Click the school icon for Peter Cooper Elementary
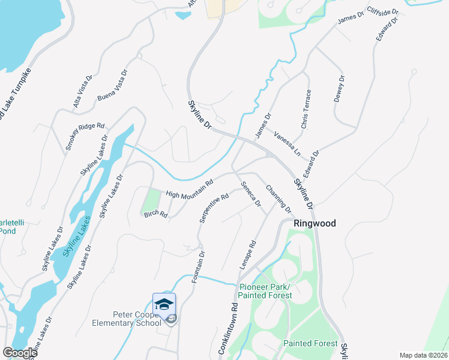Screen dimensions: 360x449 click(x=164, y=304)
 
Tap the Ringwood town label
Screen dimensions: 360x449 click(x=315, y=223)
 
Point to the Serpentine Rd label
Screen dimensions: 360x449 click(x=214, y=208)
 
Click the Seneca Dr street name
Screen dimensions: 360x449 click(x=250, y=194)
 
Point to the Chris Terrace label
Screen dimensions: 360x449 click(x=307, y=109)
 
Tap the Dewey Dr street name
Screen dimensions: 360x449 click(x=339, y=90)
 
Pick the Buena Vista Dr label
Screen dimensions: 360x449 click(x=112, y=85)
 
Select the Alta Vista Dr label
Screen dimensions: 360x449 click(x=83, y=92)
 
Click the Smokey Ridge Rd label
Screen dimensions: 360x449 click(x=85, y=137)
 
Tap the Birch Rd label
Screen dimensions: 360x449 click(x=155, y=215)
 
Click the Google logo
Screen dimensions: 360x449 click(x=20, y=352)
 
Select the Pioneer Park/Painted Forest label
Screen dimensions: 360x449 click(x=265, y=291)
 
